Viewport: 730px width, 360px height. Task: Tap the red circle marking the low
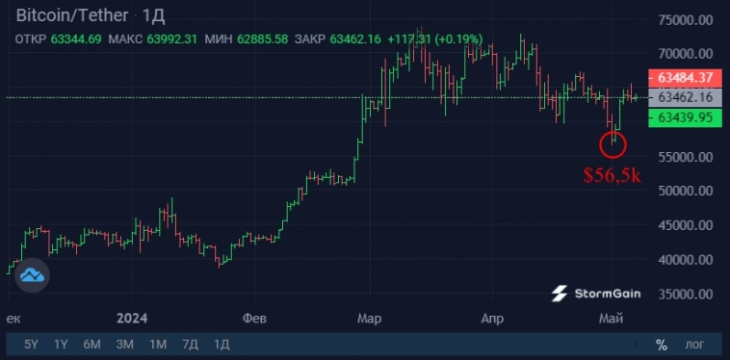[613, 144]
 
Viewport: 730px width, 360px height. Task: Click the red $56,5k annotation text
[613, 175]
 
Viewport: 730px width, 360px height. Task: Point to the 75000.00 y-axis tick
[685, 20]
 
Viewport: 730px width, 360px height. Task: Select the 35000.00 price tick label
[685, 294]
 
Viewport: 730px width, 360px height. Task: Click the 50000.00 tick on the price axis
[685, 191]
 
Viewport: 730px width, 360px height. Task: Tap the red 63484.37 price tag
[686, 77]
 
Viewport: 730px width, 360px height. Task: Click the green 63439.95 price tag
[686, 117]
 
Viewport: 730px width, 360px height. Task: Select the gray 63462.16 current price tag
[686, 97]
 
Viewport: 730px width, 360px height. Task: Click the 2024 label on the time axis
[130, 318]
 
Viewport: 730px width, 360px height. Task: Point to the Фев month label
[254, 318]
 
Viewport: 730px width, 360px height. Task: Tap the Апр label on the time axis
[492, 318]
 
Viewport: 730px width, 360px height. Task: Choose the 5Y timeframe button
[32, 344]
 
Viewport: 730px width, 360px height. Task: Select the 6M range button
[92, 344]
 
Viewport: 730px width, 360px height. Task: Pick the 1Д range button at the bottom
[222, 344]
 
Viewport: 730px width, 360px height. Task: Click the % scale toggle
[662, 344]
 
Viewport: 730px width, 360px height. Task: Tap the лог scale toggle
[694, 344]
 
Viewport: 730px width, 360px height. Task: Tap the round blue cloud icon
[32, 275]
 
